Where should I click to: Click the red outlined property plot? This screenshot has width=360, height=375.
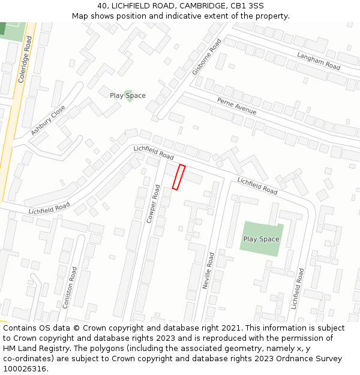(178, 177)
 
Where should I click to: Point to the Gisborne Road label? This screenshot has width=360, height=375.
(207, 56)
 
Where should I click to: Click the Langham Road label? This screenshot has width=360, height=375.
(319, 61)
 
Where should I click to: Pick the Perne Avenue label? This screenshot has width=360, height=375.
(236, 106)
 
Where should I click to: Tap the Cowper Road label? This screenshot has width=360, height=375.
(154, 204)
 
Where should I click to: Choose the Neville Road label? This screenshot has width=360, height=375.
(208, 271)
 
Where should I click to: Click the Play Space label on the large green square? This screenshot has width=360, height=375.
(261, 239)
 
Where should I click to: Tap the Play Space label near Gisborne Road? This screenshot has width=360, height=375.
(127, 95)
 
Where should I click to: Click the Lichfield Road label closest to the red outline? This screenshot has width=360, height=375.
(154, 152)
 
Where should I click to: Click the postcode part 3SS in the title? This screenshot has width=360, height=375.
(256, 6)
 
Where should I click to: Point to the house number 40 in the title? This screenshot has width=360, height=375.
(102, 6)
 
